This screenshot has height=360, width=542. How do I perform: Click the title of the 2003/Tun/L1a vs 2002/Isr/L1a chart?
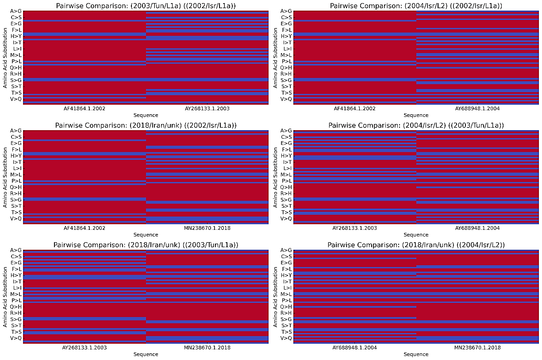point(146,6)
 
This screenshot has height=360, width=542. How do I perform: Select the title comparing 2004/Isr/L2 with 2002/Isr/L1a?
point(416,6)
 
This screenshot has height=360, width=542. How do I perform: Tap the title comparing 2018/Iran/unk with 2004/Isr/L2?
point(416,245)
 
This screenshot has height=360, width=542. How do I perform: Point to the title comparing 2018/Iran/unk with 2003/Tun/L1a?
point(146,245)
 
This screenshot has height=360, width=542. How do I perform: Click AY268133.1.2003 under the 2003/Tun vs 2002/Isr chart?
point(207,108)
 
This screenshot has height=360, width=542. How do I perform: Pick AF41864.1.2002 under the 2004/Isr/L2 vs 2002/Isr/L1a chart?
point(354,108)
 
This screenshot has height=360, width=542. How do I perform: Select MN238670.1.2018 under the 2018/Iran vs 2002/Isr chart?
point(207,228)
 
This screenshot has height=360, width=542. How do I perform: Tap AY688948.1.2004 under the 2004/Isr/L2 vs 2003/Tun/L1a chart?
point(477,228)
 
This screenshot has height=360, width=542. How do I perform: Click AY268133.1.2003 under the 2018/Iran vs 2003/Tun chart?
point(84,348)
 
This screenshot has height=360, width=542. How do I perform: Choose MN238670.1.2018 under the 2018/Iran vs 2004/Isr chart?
point(477,348)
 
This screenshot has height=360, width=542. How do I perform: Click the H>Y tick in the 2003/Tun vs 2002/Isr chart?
point(16,36)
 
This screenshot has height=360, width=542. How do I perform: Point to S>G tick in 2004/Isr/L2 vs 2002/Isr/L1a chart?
point(287,80)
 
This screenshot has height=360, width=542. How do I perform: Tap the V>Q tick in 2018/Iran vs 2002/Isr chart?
point(16,218)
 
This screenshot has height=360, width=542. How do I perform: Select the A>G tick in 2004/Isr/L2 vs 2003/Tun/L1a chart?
point(287,131)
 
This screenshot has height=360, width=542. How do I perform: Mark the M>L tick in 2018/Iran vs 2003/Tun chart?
point(16,294)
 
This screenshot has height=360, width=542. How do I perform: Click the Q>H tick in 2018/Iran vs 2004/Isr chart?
point(287,306)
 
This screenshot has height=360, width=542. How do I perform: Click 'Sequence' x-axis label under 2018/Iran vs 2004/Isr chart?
point(416,354)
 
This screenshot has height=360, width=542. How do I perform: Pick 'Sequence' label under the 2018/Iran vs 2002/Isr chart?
point(146,235)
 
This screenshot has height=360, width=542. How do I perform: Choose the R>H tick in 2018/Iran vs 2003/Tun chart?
point(16,313)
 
